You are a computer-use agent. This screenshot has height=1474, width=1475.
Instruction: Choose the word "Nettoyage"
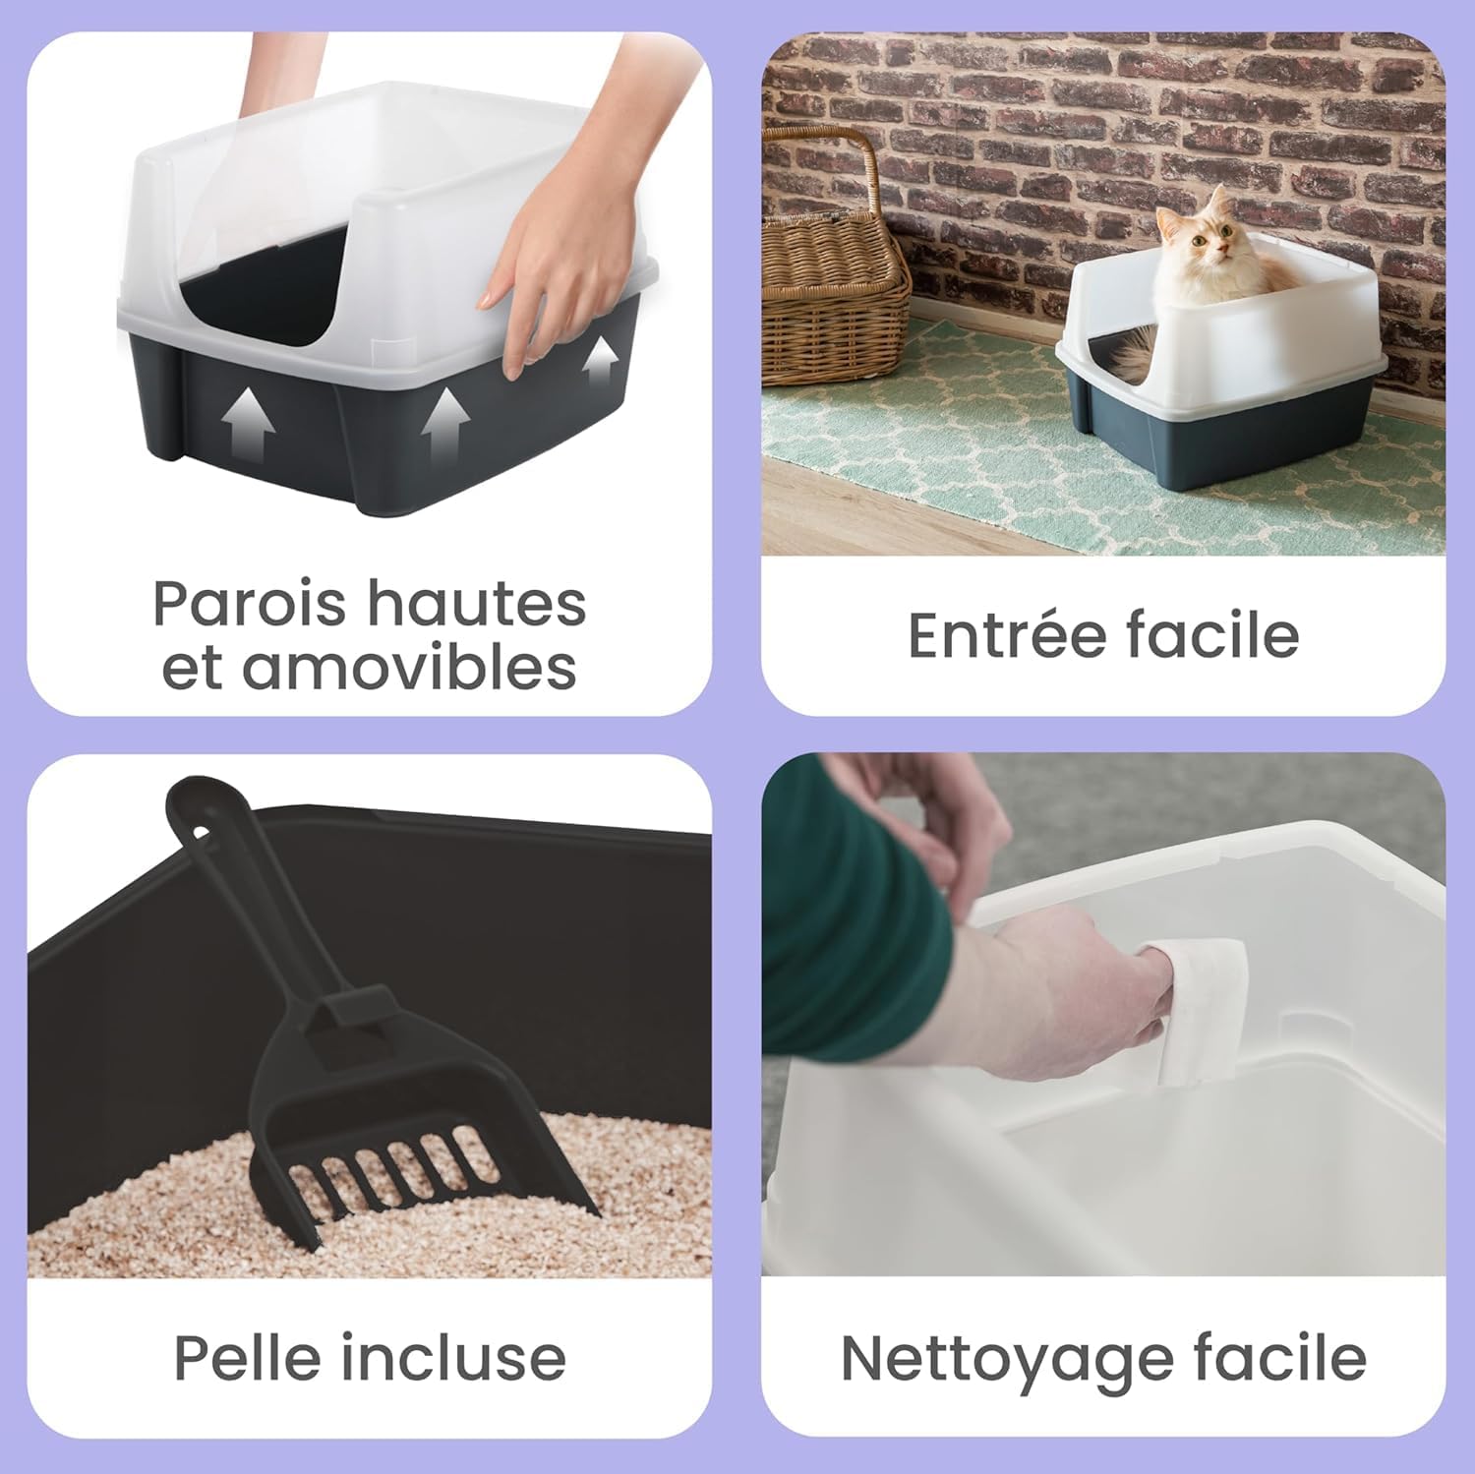click(1004, 1359)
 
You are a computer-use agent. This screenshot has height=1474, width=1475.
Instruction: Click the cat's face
click(1211, 238)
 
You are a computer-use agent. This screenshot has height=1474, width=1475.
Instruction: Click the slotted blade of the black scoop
click(393, 1170)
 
